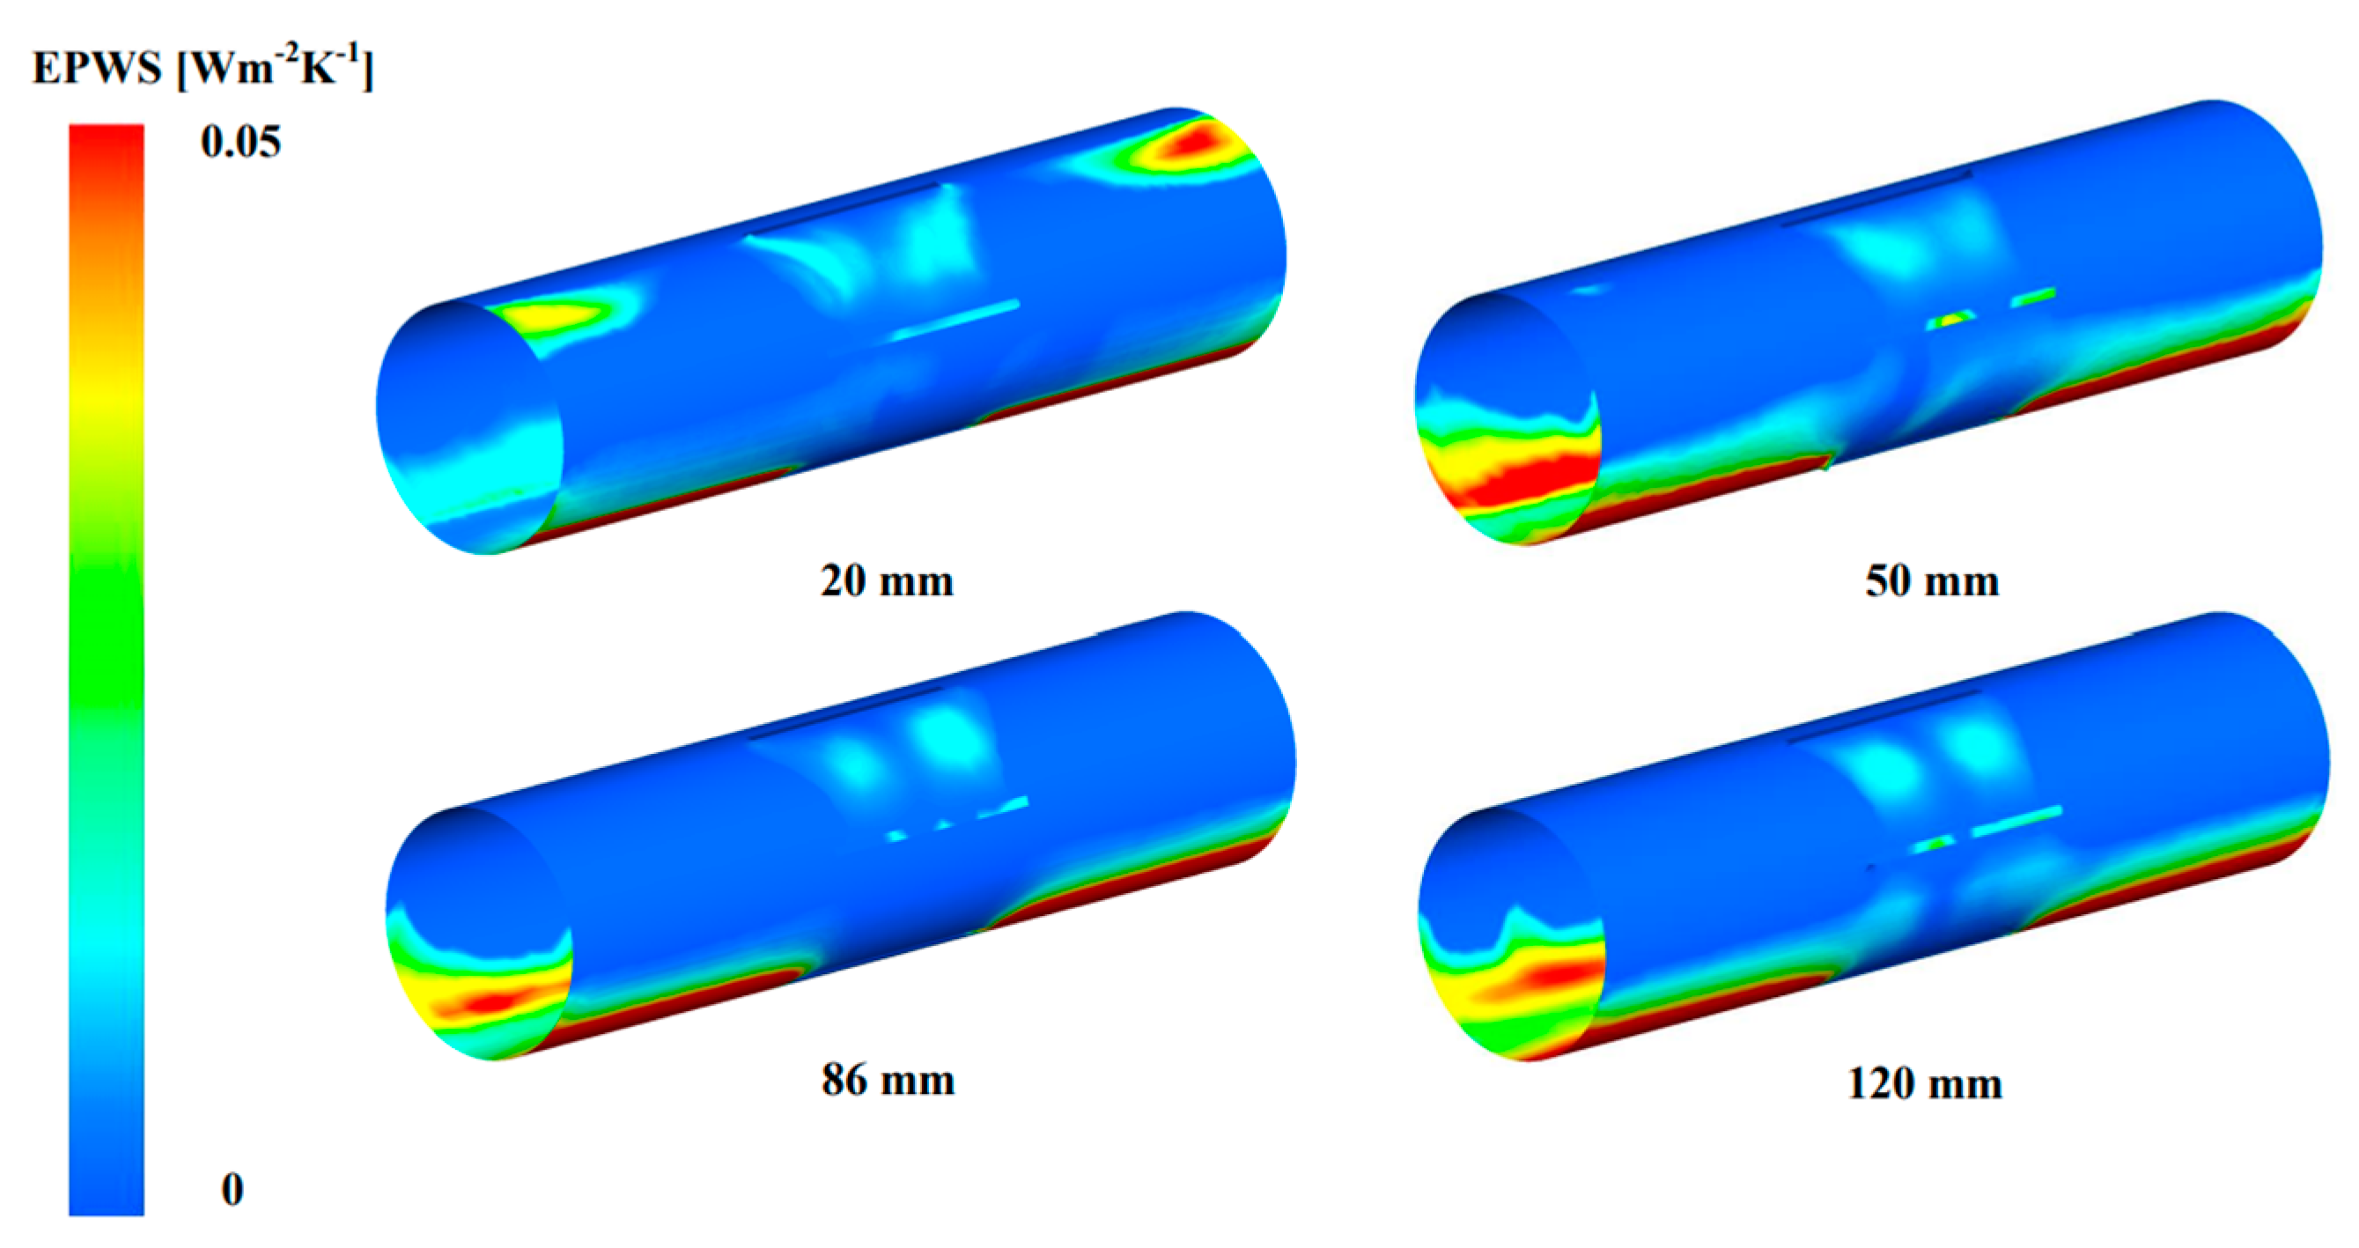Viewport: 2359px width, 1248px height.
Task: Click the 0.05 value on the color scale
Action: (240, 142)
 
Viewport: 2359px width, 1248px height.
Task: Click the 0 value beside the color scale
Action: (232, 1188)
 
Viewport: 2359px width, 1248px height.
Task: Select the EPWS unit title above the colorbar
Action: (203, 68)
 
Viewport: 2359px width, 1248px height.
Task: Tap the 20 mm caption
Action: (887, 580)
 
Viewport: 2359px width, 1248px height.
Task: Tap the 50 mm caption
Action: (1931, 580)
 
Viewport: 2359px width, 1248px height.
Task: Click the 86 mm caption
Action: (888, 1080)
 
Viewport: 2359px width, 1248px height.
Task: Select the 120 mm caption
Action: (1924, 1083)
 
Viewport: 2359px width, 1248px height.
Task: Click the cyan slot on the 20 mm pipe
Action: (955, 320)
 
